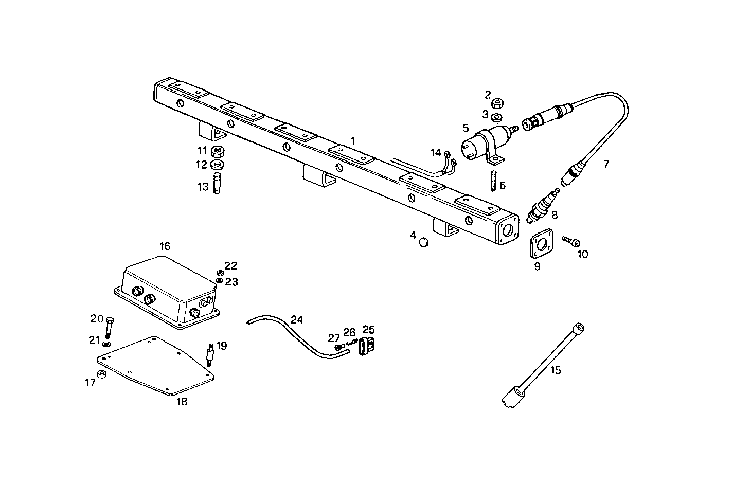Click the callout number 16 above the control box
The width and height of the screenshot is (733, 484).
[165, 246]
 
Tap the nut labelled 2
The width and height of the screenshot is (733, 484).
[497, 103]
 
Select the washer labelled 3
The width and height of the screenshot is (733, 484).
[497, 117]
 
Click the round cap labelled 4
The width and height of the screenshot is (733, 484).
[424, 242]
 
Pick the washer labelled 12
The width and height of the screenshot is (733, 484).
[217, 165]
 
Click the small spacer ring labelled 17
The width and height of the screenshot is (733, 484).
[102, 374]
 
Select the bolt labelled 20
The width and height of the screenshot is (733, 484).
[110, 328]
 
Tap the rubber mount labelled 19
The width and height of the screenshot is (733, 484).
[210, 355]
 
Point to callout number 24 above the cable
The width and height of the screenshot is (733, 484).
[297, 319]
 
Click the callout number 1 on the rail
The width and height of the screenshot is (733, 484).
[353, 140]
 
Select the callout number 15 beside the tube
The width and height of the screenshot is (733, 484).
[556, 370]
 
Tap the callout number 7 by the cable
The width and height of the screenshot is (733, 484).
[606, 164]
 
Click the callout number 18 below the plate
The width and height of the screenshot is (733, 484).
[182, 402]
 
